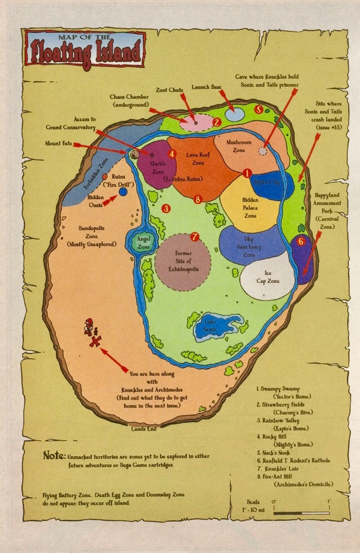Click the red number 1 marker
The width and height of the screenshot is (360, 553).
pyautogui.click(x=247, y=172)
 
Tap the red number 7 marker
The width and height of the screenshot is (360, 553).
pyautogui.click(x=194, y=237)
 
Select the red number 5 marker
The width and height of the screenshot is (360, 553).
pyautogui.click(x=259, y=109)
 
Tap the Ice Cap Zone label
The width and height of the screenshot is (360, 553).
pyautogui.click(x=268, y=277)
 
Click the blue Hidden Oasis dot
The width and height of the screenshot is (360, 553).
pyautogui.click(x=123, y=191)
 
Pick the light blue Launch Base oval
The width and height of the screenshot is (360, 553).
pyautogui.click(x=235, y=114)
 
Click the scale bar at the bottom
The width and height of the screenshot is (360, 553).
pyautogui.click(x=301, y=513)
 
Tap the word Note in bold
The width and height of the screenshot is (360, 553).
pyautogui.click(x=54, y=455)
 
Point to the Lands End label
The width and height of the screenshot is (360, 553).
pyautogui.click(x=144, y=429)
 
